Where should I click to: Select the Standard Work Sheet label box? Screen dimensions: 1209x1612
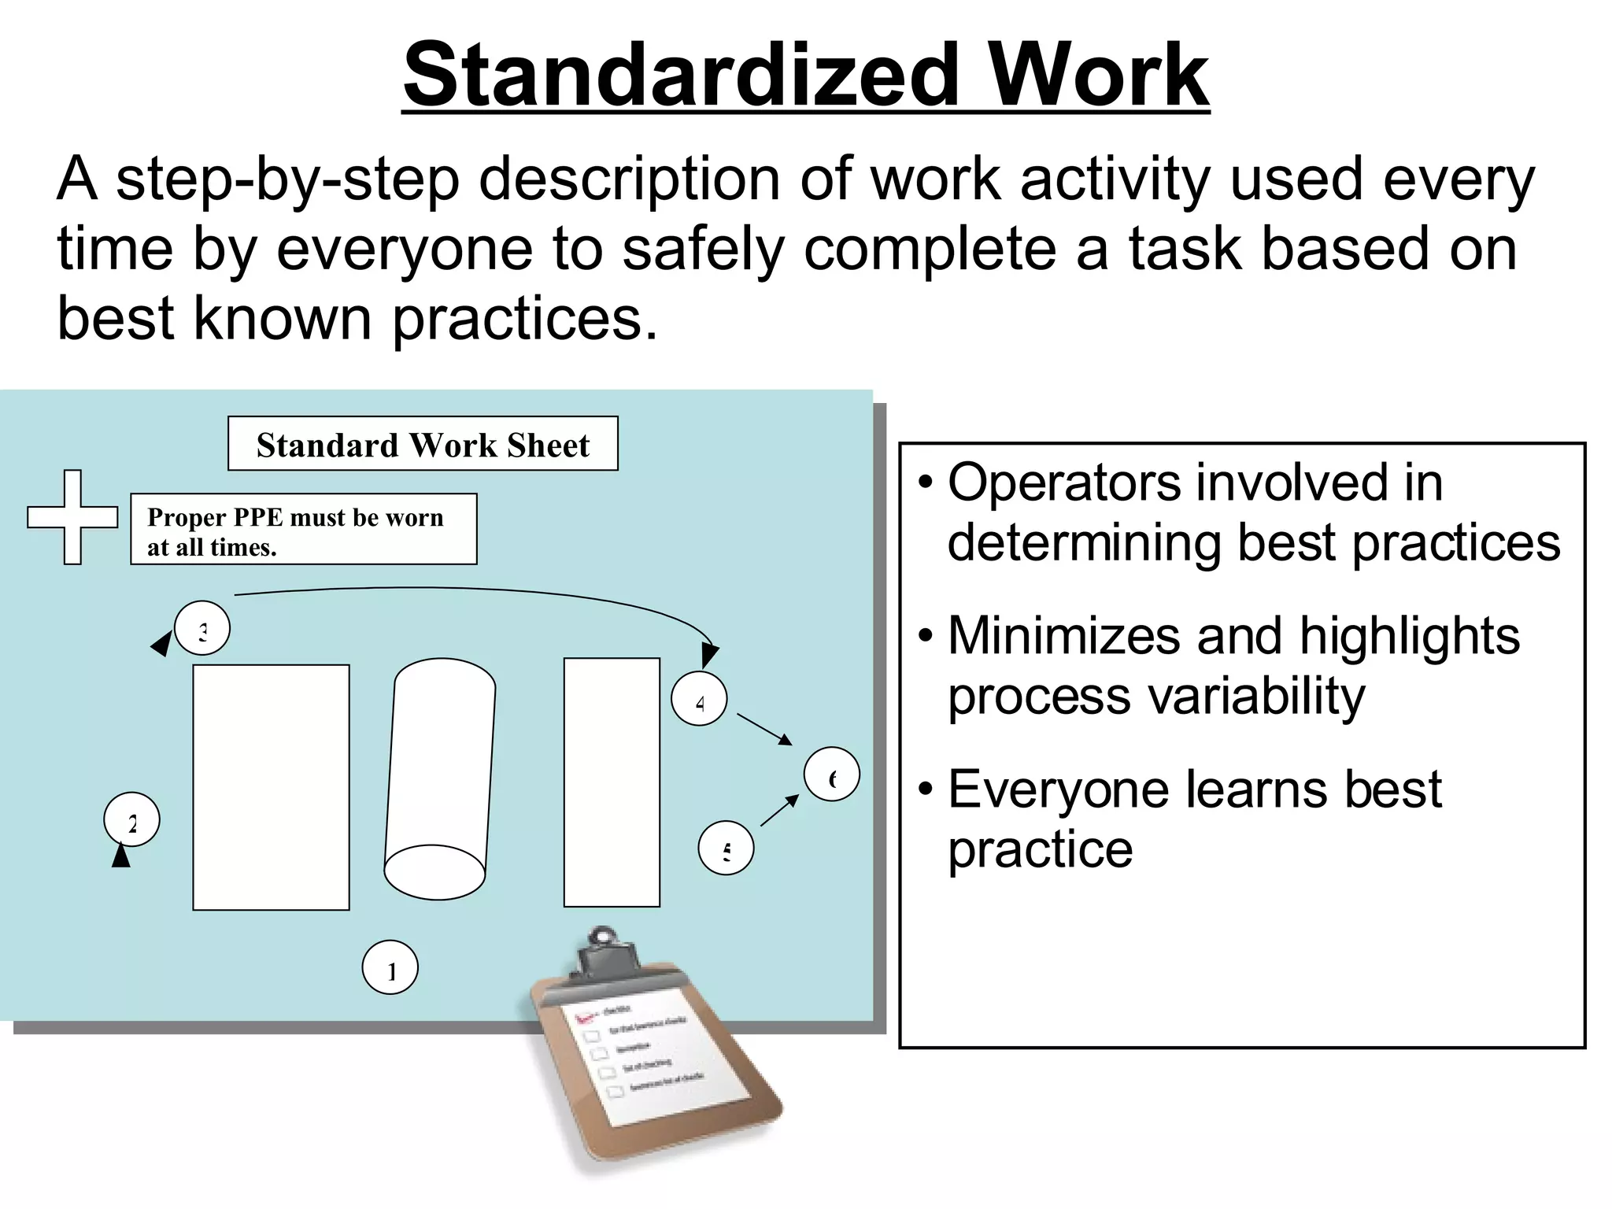point(423,444)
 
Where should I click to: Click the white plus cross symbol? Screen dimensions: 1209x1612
point(72,517)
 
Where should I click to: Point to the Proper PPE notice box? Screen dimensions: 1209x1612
point(303,530)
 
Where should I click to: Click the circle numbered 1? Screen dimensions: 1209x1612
point(390,967)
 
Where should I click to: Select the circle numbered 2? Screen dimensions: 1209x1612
point(131,819)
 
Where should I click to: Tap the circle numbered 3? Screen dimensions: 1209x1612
point(202,629)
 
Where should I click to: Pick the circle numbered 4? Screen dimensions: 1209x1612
point(699,698)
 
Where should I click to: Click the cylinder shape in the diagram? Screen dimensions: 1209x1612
point(439,779)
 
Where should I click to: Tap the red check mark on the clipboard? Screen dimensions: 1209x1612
point(583,1015)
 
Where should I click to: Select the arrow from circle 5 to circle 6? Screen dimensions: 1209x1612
point(779,811)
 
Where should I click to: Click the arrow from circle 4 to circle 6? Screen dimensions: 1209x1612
point(763,729)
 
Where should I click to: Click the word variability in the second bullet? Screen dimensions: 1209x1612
point(1156,697)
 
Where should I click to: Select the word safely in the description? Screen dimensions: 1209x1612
point(703,249)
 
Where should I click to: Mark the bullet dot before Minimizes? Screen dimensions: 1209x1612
point(926,634)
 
